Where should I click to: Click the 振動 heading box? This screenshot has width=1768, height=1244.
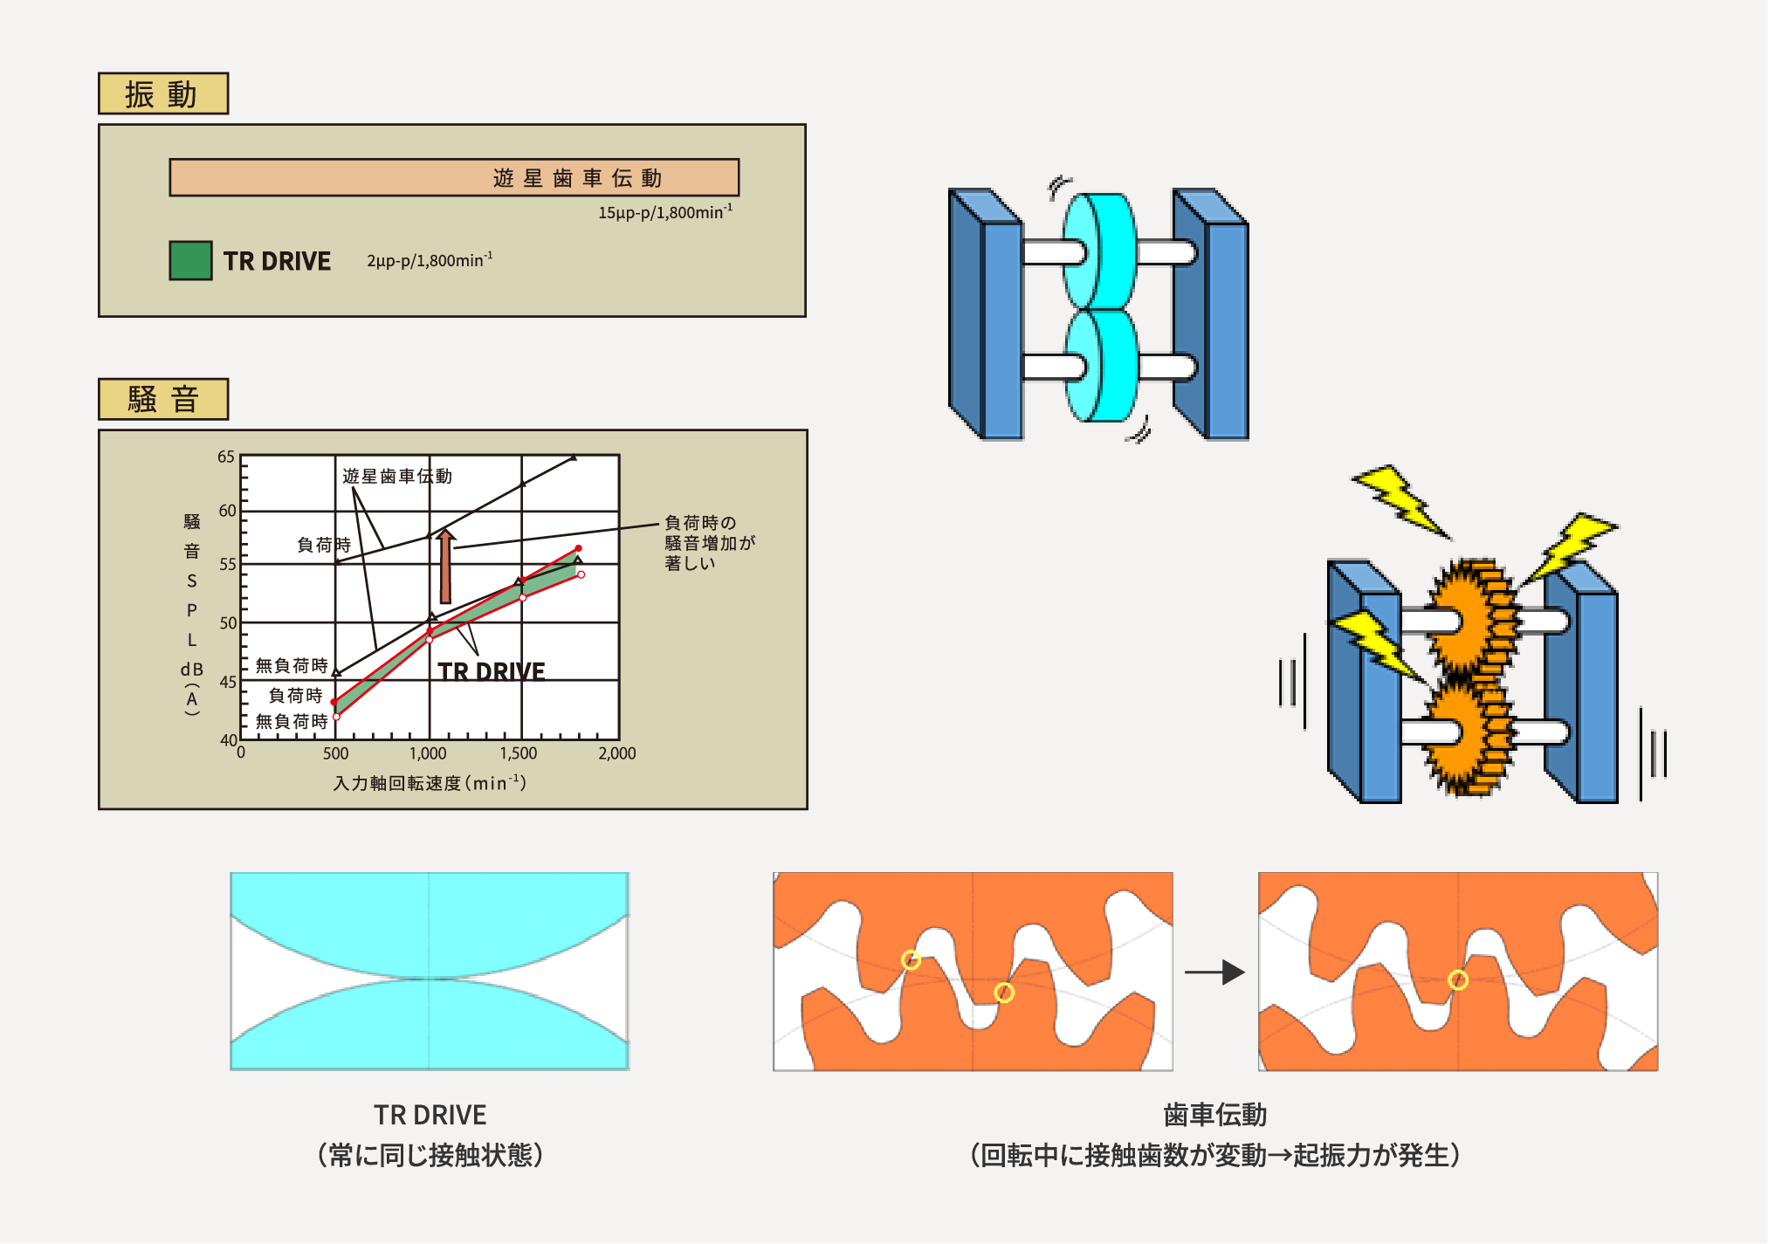coord(163,93)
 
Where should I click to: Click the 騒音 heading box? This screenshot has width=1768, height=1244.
coord(163,399)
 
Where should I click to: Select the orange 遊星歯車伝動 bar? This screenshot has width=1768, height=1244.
coord(454,177)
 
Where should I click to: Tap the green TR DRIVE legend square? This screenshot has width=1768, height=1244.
coord(190,260)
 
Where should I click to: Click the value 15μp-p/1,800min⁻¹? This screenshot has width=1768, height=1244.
coord(664,212)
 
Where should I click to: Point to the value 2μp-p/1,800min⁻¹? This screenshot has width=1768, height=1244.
coord(429,260)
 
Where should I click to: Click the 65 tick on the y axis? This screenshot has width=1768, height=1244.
coord(226,457)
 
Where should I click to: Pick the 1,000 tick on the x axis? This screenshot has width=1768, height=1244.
coord(428,753)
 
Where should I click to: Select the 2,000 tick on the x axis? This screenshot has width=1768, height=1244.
coord(616,753)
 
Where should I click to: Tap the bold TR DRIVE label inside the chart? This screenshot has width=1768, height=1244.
coord(491,671)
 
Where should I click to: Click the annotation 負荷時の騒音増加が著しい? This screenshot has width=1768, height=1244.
coord(709,542)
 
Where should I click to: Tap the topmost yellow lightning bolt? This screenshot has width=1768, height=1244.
coord(1400,500)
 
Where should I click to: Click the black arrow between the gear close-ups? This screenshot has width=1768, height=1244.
coord(1214,972)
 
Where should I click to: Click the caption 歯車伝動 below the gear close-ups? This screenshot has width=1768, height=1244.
coord(1214,1115)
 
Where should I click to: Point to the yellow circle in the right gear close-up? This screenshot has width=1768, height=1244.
coord(1457,980)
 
